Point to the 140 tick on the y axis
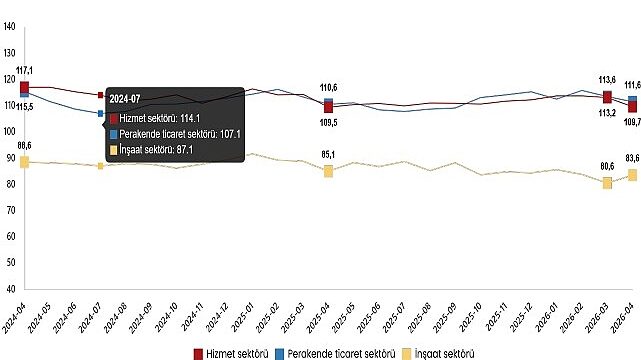pyautogui.click(x=9, y=27)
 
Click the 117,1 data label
pyautogui.click(x=25, y=70)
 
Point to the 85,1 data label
pyautogui.click(x=329, y=154)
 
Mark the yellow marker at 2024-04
pyautogui.click(x=24, y=162)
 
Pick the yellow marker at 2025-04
pyautogui.click(x=328, y=171)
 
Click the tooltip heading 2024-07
pyautogui.click(x=125, y=99)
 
